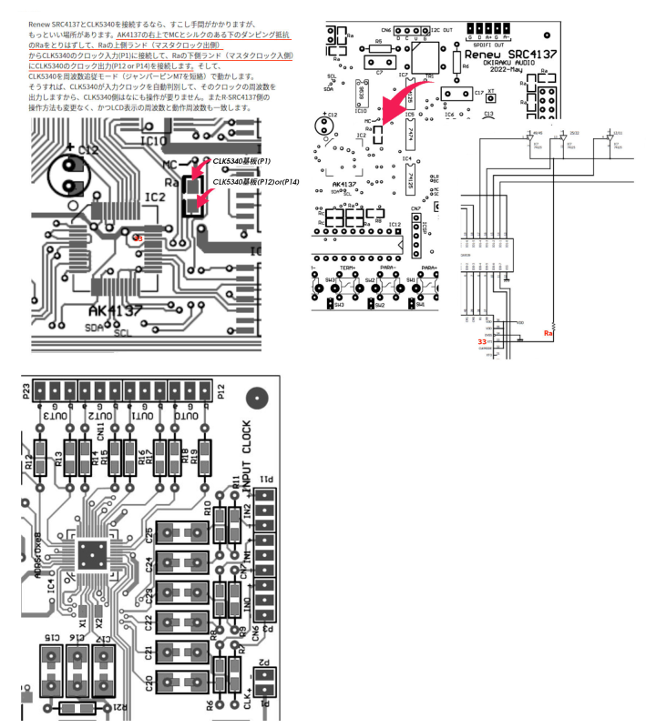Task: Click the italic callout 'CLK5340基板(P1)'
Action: [x=243, y=160]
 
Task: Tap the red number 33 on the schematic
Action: [x=456, y=341]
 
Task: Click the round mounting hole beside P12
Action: [x=259, y=397]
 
